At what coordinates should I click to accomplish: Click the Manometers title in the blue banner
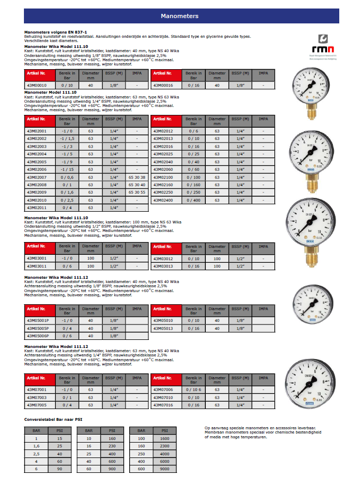pos(179,16)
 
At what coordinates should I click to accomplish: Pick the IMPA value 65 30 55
pos(137,192)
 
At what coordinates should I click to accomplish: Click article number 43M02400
pos(163,200)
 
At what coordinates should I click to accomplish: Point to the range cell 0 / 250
pos(194,192)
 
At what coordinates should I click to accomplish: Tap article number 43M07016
pos(163,405)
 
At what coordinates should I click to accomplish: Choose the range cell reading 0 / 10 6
pos(194,389)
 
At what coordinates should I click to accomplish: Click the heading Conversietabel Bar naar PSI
pos(54,419)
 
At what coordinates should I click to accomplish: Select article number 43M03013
pos(163,266)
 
